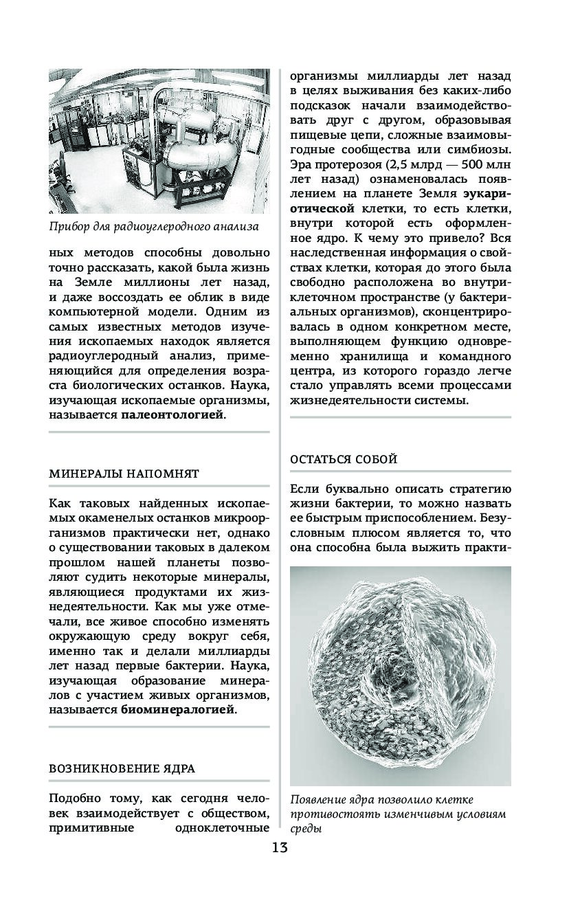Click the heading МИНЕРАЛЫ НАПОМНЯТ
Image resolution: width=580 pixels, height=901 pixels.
pos(124,474)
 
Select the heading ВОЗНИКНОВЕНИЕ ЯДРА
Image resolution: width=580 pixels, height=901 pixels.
pos(122,768)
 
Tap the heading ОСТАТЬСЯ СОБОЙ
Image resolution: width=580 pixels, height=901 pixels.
pos(344,460)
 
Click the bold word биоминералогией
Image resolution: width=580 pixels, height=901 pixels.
pos(178,710)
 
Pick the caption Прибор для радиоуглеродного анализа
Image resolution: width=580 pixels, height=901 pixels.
pos(154,226)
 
